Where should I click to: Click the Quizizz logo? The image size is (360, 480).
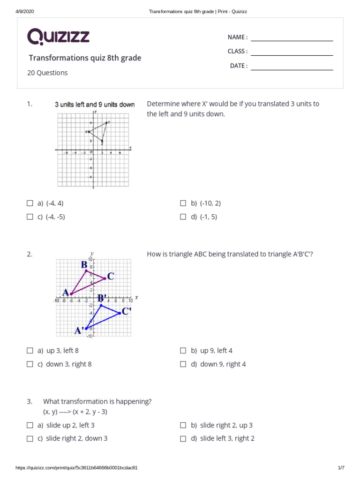tap(58, 37)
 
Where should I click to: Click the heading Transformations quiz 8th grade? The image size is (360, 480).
tap(85, 58)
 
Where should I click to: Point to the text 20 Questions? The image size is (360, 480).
tap(47, 73)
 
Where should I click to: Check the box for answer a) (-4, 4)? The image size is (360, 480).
tap(30, 203)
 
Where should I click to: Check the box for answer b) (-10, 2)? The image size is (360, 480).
tap(183, 203)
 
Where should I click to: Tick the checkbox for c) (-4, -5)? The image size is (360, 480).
tap(30, 217)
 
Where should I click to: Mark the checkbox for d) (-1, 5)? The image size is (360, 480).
tap(183, 217)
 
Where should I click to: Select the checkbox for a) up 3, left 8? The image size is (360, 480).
tap(30, 351)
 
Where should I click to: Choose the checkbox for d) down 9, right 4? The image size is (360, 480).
tap(183, 364)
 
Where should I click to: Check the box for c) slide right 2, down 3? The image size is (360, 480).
tap(30, 439)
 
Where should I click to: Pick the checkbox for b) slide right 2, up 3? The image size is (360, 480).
tap(183, 426)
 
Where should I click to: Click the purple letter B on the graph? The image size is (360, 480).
tap(84, 265)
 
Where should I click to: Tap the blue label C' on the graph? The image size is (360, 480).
tap(127, 311)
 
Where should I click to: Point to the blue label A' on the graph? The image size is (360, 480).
tap(79, 330)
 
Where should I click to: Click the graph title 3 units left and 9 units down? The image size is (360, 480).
tap(95, 105)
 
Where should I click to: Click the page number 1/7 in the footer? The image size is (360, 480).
tap(341, 468)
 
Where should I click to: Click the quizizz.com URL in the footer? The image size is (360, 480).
tap(76, 468)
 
